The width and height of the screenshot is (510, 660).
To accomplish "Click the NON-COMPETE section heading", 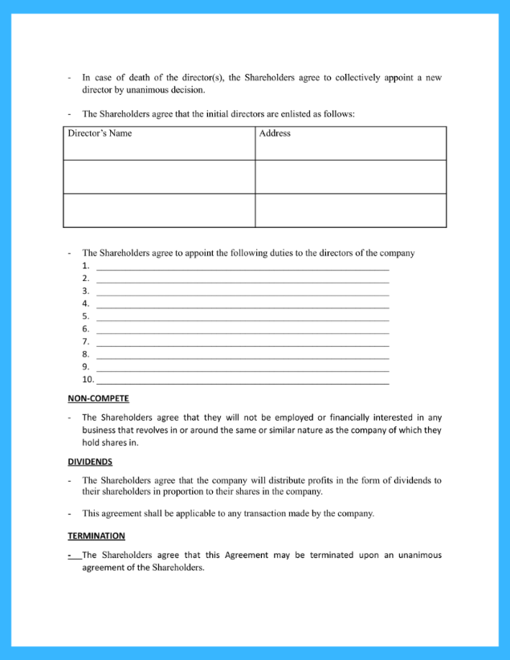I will [x=98, y=398].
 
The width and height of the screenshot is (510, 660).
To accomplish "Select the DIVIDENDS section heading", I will [x=90, y=462].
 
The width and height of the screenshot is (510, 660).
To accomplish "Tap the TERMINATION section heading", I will [x=96, y=536].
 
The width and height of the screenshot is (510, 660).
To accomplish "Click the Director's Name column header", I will [x=100, y=133].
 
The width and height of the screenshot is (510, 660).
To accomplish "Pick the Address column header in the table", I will [x=275, y=133].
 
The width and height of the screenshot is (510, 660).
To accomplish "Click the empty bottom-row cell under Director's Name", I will [x=159, y=210].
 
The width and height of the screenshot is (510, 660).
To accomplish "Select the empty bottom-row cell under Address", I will [x=350, y=210].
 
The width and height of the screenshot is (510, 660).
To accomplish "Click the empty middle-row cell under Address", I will [x=350, y=177].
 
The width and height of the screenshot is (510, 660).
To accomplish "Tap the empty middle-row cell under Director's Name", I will [x=159, y=177].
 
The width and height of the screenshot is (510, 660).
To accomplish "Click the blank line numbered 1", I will [x=243, y=266].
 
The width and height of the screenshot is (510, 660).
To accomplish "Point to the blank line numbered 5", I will [x=243, y=316].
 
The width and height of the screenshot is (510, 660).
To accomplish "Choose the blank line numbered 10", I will [x=243, y=380].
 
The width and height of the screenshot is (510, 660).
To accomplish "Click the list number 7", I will [x=85, y=341].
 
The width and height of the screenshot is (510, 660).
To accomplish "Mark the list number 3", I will [x=85, y=291].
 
